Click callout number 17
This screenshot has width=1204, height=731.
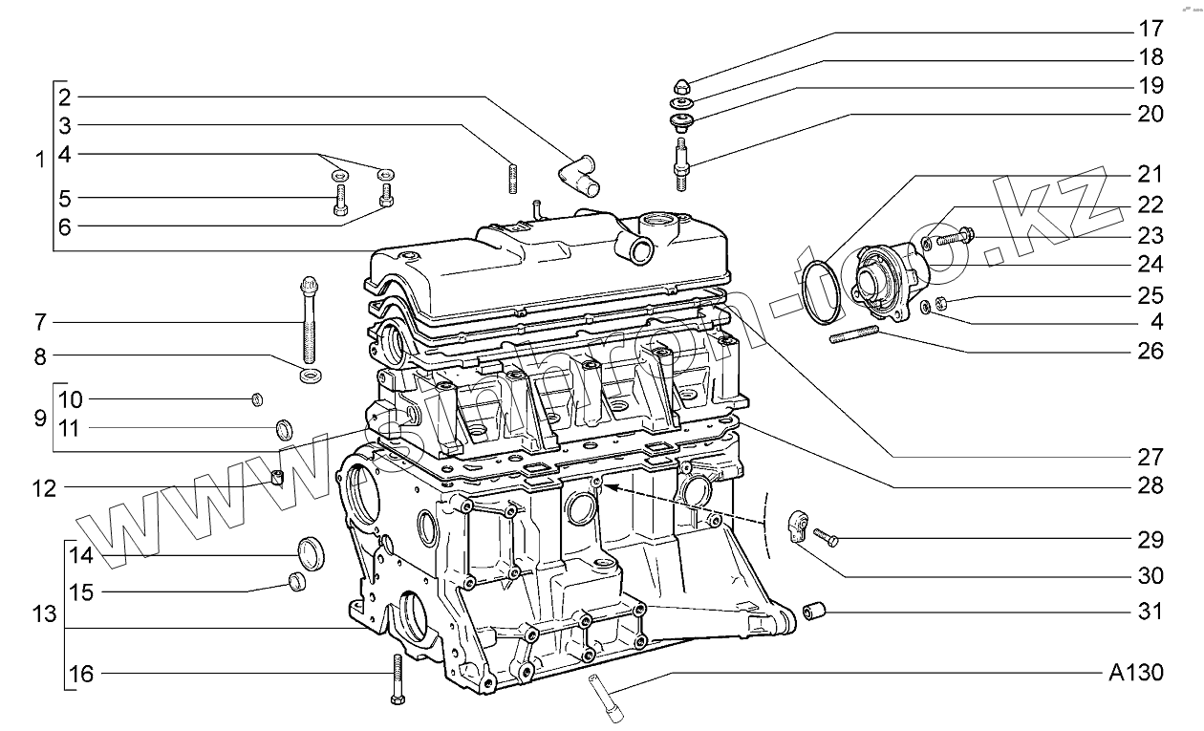pos(1150,28)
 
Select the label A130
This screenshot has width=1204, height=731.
pos(1137,673)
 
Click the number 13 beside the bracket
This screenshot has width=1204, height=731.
pos(44,613)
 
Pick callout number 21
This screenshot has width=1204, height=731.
pos(1150,175)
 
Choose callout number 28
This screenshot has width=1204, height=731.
pos(1150,485)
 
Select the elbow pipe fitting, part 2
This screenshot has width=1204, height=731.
pos(576,176)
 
